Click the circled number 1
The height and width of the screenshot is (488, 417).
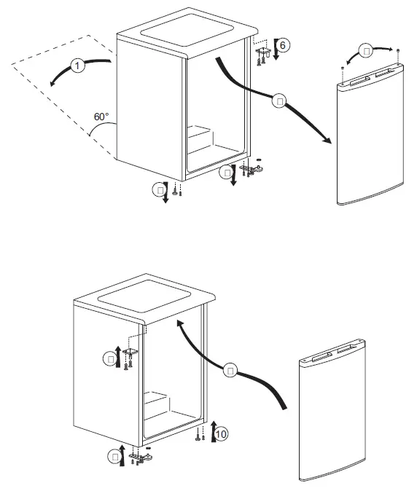click(78, 67)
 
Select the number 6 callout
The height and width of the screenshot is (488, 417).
click(284, 45)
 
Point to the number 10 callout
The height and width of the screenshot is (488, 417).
click(222, 434)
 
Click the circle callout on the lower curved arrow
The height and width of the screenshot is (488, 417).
click(230, 371)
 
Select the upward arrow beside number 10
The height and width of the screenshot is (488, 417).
click(212, 431)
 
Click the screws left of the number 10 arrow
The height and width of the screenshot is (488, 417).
click(200, 436)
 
